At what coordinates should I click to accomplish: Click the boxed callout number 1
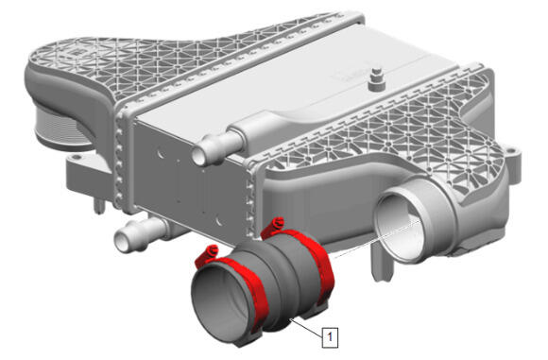pos(330,337)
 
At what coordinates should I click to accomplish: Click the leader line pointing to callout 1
pos(307,328)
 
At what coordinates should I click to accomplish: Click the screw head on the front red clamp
pos(213,249)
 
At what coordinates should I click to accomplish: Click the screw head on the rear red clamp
pos(279,222)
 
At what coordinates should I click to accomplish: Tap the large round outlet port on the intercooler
pos(402,224)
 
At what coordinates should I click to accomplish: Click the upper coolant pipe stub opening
pos(198,156)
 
